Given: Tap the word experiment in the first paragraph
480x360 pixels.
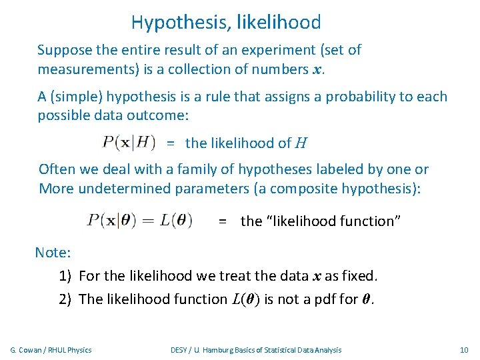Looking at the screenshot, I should tap(235, 50).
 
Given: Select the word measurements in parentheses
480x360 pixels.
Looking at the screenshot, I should tap(85, 70).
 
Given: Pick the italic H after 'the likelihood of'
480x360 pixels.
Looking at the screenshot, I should tap(301, 143).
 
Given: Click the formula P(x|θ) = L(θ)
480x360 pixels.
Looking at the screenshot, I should tap(139, 220).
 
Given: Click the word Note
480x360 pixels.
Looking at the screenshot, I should tap(53, 253).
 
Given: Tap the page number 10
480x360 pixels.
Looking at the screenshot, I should tap(465, 350).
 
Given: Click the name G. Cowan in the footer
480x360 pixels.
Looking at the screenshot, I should tap(27, 350).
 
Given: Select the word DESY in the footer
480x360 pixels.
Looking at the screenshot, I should tap(179, 350).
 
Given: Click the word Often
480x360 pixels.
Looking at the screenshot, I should tap(57, 169).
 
